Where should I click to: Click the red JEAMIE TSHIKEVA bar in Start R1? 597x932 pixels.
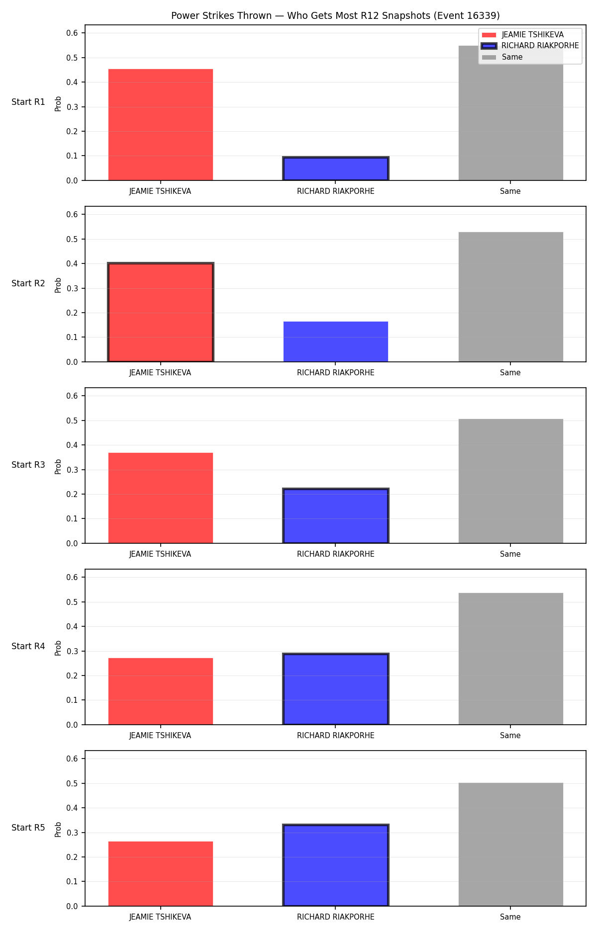point(160,125)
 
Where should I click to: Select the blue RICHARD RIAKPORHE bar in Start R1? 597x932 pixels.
point(336,169)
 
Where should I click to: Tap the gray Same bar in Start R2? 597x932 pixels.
point(510,297)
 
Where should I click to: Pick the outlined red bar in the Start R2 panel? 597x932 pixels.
point(160,312)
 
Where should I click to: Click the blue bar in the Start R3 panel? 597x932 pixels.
point(336,516)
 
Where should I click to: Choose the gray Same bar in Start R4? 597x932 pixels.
point(510,659)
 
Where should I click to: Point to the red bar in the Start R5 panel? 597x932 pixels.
point(160,874)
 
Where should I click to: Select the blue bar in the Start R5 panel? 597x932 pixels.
point(336,865)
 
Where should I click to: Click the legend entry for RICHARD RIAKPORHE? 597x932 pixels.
point(530,46)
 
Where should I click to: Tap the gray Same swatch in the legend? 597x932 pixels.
point(489,57)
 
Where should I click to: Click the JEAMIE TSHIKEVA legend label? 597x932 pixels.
point(532,35)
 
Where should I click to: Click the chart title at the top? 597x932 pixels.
point(335,15)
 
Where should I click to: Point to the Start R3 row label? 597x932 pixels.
point(28,465)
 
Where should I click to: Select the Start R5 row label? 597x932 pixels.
point(28,828)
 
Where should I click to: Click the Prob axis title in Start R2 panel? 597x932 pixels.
point(58,285)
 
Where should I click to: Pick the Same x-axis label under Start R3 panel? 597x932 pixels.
point(510,554)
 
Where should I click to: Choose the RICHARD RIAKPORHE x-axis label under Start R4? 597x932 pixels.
point(336,736)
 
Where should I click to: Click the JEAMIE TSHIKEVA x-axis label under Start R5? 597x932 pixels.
point(160,917)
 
